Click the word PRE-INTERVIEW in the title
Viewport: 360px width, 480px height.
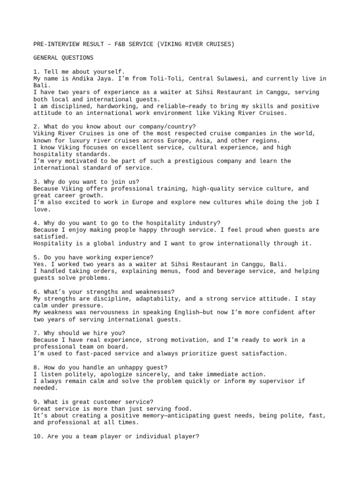(x=56, y=44)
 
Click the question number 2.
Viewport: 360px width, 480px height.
(x=36, y=127)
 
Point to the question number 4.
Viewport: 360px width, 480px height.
(x=36, y=223)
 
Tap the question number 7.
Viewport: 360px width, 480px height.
(x=36, y=333)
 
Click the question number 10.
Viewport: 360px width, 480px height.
(x=37, y=436)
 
